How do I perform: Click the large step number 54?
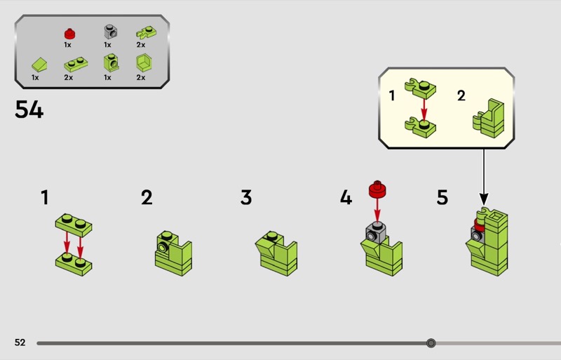click(x=29, y=109)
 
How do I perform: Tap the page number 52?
click(x=20, y=342)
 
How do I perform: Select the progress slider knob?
click(x=431, y=343)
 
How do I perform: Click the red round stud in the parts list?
click(x=69, y=34)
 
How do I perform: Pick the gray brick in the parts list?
click(x=111, y=32)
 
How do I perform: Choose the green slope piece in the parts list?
click(x=39, y=65)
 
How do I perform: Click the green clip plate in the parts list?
click(x=146, y=32)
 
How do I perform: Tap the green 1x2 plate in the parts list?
click(x=76, y=65)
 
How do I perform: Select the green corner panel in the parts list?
click(x=144, y=62)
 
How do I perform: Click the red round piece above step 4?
click(x=377, y=189)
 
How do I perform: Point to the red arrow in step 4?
click(x=377, y=211)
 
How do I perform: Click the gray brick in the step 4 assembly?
click(x=376, y=232)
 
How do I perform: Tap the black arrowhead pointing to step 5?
click(x=484, y=199)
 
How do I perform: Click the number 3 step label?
click(x=246, y=197)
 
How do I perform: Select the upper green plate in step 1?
click(x=74, y=225)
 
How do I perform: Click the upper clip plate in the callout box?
click(x=420, y=88)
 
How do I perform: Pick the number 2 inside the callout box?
click(x=461, y=95)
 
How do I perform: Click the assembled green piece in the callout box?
click(x=488, y=119)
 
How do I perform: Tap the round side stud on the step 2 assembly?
click(x=163, y=248)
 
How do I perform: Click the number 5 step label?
click(x=442, y=197)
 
